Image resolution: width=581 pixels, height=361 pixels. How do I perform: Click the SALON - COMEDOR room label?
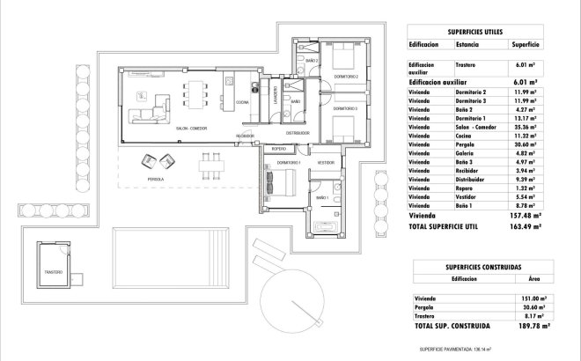[x=191, y=129]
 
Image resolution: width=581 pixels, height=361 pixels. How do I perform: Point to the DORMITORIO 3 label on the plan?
[x=344, y=108]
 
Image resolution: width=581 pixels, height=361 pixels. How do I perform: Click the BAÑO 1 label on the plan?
[x=322, y=199]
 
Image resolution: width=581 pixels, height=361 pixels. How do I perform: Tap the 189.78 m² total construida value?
[x=526, y=325]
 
